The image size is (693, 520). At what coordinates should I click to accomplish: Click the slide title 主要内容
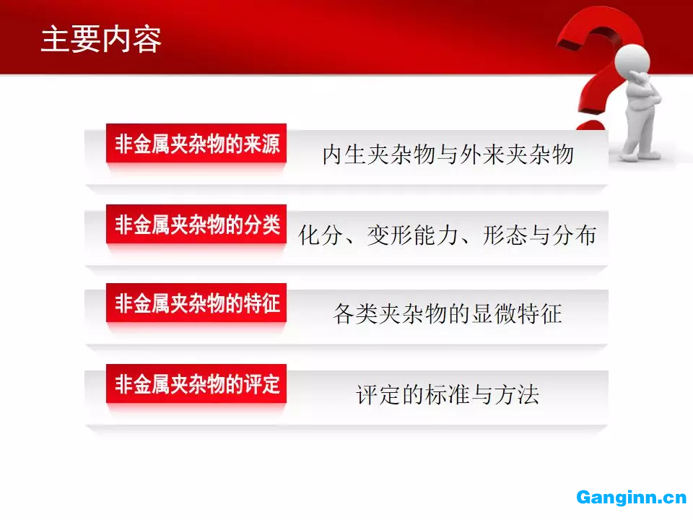click(x=101, y=39)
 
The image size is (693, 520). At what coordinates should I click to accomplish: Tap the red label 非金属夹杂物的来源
click(x=196, y=143)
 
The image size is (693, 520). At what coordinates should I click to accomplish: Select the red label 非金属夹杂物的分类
click(x=196, y=224)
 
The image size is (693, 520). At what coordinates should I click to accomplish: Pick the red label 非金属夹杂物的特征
click(x=196, y=303)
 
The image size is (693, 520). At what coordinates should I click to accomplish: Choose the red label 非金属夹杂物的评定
click(x=196, y=383)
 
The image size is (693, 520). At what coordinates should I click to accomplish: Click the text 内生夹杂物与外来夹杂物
click(x=448, y=155)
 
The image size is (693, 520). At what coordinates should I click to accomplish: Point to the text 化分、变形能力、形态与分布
click(x=448, y=235)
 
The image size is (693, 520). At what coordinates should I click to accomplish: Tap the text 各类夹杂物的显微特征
click(x=448, y=314)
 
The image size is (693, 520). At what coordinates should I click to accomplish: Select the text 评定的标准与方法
click(x=448, y=394)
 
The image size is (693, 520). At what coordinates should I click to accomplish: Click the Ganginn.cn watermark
click(x=631, y=498)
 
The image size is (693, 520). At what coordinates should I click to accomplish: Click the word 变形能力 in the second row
click(x=413, y=235)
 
